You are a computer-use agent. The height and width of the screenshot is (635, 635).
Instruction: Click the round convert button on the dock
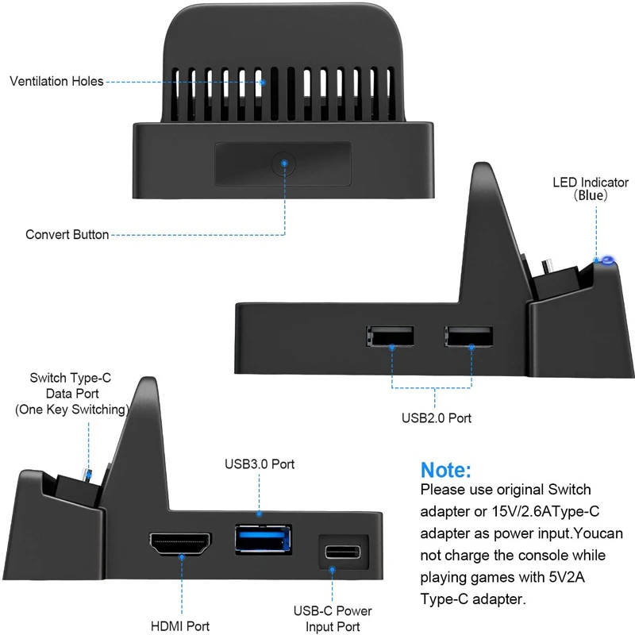283,164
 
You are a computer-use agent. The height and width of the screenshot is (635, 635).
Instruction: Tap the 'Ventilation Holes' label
56,82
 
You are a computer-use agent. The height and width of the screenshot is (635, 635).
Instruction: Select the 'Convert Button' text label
67,235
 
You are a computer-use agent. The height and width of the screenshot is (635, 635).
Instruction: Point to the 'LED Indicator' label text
590,183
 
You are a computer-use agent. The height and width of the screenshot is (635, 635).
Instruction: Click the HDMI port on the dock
182,545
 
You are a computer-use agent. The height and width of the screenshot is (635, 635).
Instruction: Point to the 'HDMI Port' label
182,626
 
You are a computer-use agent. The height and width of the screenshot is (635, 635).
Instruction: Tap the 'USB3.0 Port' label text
260,464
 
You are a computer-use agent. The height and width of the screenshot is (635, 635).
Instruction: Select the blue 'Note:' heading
445,469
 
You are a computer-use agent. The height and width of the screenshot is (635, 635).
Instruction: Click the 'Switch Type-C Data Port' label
71,394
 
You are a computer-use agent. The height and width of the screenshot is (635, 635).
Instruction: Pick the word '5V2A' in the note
566,575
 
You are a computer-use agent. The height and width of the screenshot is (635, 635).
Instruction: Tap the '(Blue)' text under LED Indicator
590,195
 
